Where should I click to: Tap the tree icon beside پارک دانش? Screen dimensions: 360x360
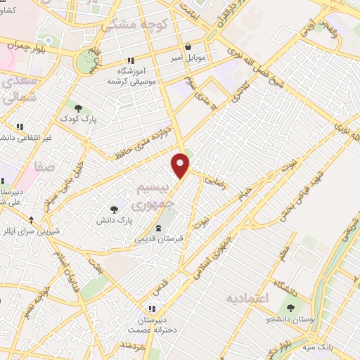click(x=113, y=209)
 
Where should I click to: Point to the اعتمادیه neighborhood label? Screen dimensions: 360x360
click(x=247, y=299)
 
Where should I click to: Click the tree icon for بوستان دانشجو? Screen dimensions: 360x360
click(x=290, y=307)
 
